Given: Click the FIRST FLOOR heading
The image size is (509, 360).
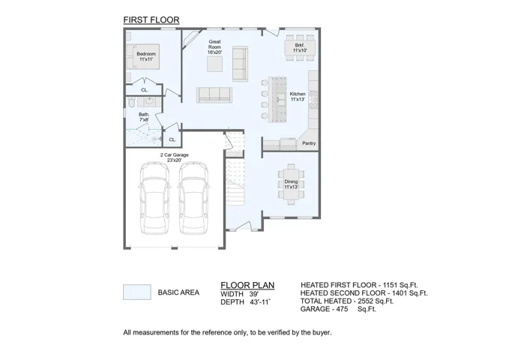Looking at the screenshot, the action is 151,20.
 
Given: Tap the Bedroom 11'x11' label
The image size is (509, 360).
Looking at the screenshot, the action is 146,56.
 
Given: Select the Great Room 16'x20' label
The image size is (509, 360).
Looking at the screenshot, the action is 214,46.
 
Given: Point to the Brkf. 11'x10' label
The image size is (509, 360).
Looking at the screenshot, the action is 300,48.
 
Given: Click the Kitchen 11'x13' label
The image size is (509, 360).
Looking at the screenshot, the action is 298,97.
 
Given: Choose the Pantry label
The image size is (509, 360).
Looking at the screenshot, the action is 309,143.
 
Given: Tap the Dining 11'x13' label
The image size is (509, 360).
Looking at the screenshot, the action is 291,184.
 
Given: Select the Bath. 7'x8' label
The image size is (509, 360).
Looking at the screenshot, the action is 144,117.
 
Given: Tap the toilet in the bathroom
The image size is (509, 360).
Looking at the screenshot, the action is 131,102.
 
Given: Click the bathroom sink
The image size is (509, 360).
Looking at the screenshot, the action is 149,101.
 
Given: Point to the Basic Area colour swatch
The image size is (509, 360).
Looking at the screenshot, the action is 137,292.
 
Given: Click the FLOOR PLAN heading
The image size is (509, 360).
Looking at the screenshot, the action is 247,285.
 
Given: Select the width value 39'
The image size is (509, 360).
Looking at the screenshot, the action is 254,294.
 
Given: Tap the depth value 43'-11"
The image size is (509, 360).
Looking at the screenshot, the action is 260,302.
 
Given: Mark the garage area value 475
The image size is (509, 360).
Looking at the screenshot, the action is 342,309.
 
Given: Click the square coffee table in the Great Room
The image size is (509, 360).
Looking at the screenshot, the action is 215,64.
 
